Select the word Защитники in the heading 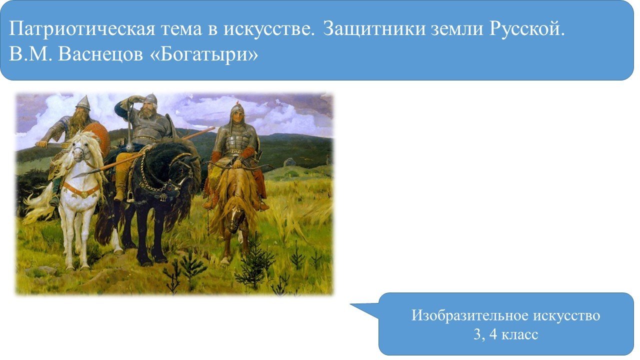pos(374,28)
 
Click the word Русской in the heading pos(527,28)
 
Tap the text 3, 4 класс pos(505,334)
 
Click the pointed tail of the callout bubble pos(351,304)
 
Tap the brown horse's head pos(237,217)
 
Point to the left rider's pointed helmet pos(83,103)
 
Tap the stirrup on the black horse pos(130,197)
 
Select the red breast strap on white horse pos(81,190)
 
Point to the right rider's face pos(237,116)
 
